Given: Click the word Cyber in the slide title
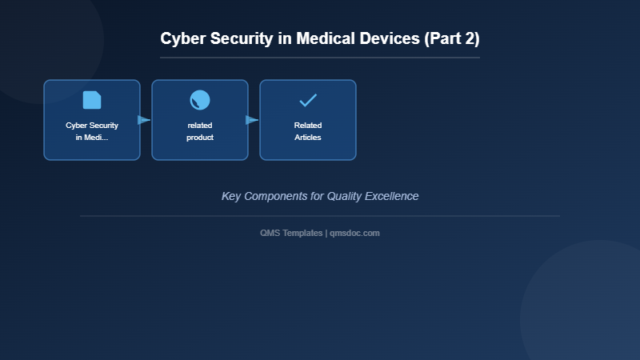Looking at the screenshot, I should pos(181,38).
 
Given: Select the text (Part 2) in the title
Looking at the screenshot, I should pos(452,38).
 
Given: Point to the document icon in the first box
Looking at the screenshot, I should pos(92,100).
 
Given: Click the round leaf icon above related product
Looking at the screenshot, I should pos(200,100).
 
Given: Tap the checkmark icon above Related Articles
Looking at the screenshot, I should pos(308,100).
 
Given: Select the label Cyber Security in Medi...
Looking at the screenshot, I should pos(92,131).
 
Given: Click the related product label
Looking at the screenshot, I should pos(200,131).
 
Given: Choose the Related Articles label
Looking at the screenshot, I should pos(308,131).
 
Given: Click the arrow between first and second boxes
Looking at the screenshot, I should pos(144,120).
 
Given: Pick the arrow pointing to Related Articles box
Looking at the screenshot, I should pos(252,120).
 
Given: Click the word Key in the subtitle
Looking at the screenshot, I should pos(231,196).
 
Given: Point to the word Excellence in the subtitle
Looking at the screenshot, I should pos(394,196).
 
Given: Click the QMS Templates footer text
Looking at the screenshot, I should pos(291,233).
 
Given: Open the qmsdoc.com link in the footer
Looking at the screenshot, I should pos(354,233).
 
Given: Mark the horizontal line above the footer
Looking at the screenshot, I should pos(320,216).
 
